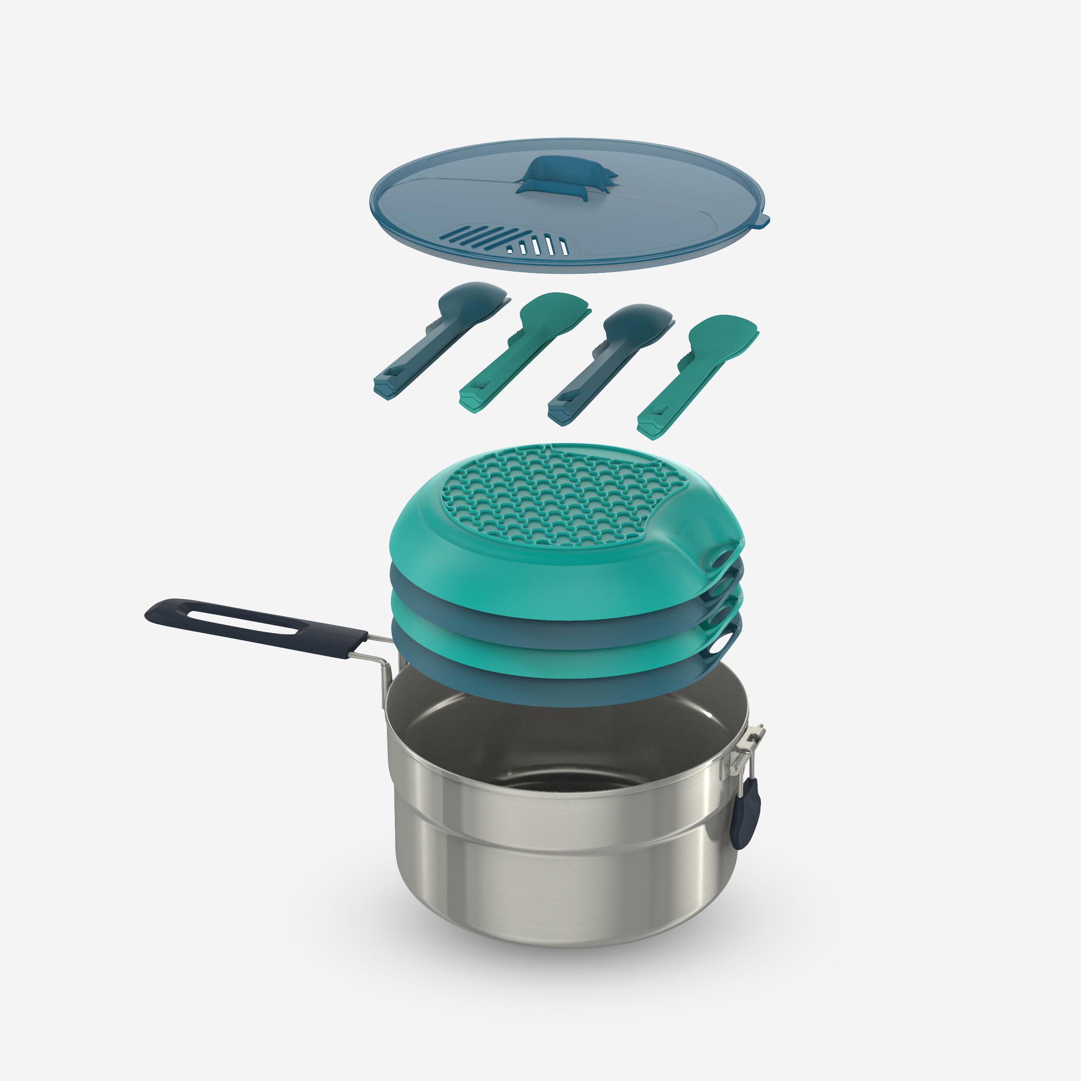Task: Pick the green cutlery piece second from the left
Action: (523, 352)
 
